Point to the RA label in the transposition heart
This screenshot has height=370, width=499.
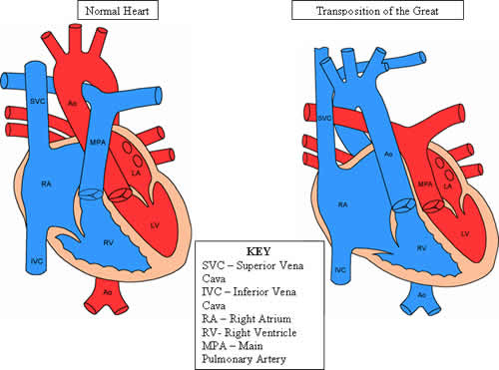(342, 203)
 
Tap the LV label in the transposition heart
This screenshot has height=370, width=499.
(464, 232)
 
